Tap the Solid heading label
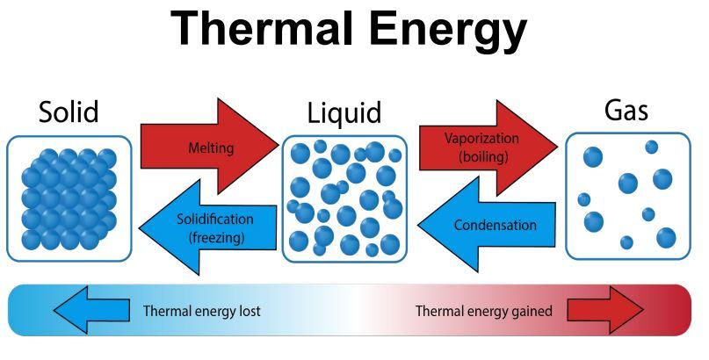69,112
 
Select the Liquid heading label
344,113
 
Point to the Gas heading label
626,112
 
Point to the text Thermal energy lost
201,311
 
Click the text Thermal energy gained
483,311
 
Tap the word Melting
211,148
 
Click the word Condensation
495,226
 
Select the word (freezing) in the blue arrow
216,237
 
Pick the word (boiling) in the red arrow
481,156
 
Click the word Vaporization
481,139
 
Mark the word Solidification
215,220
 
